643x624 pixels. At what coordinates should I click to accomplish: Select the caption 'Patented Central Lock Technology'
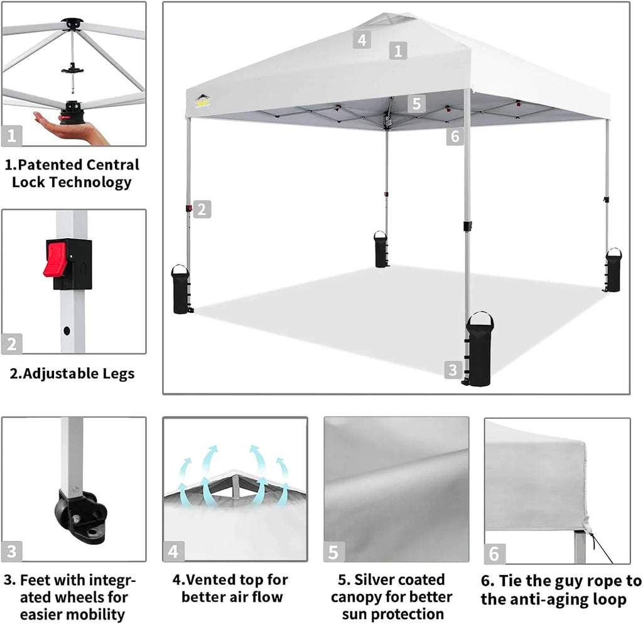(72, 173)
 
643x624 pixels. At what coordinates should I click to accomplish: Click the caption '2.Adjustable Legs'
(72, 374)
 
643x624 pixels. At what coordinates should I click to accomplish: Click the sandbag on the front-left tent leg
(181, 290)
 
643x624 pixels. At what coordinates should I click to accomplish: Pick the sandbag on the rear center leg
(381, 249)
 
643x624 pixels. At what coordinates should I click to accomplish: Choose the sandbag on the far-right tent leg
(613, 270)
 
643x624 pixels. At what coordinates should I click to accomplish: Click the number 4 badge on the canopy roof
(361, 40)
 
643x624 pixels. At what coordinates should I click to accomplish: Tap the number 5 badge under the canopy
(416, 103)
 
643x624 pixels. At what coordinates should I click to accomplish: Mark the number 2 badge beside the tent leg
(201, 209)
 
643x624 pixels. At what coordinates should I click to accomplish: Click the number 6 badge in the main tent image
(455, 135)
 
